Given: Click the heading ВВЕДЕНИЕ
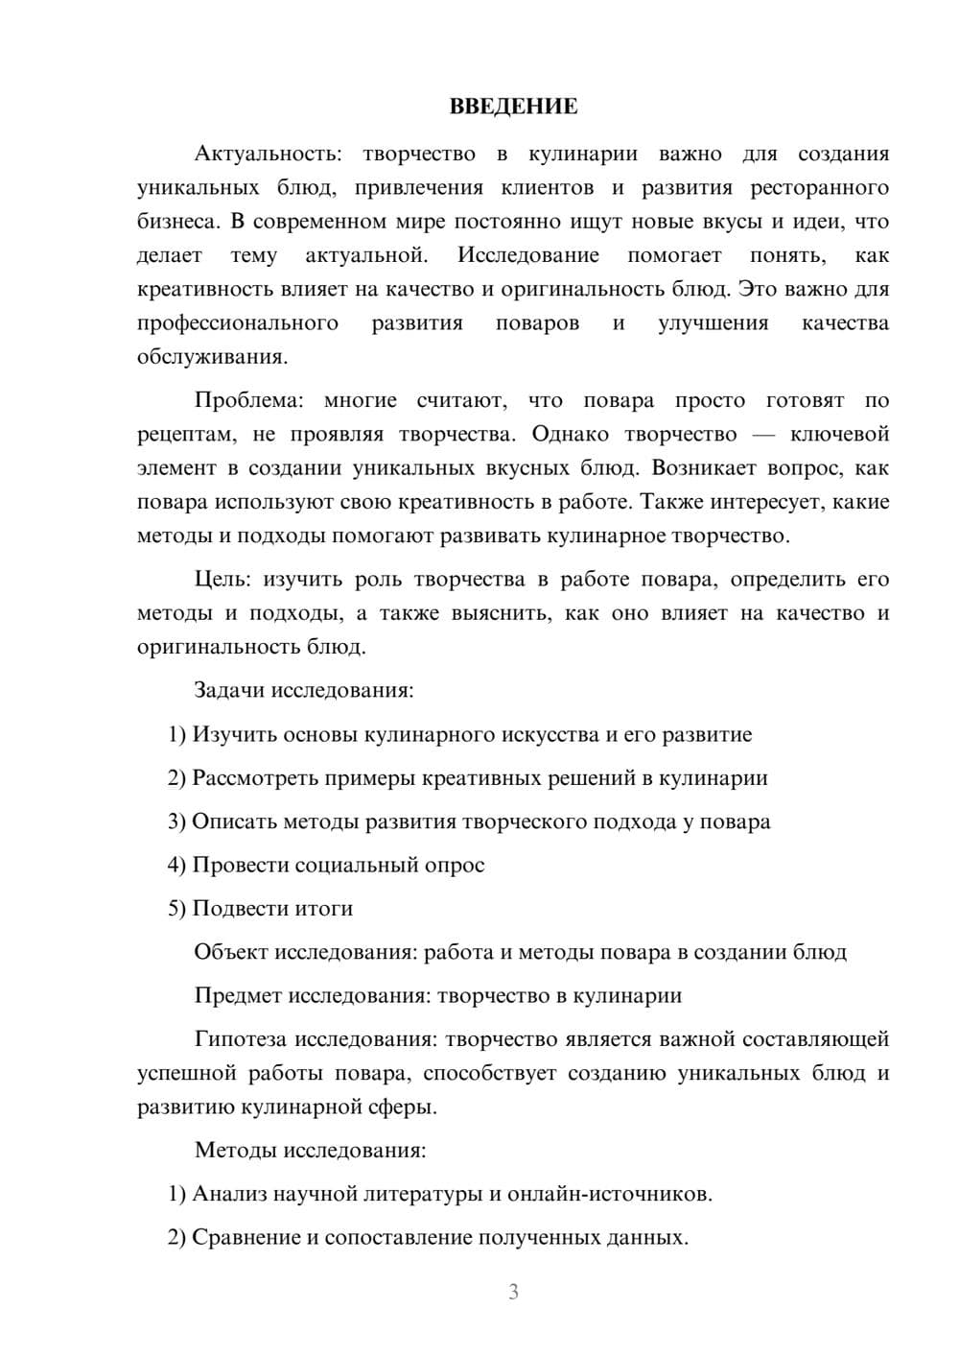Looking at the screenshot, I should coord(513,107).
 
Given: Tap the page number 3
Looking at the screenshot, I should coord(513,1292).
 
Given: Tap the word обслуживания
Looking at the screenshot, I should coord(211,357).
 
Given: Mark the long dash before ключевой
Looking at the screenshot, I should coord(763,435).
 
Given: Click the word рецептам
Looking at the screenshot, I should coord(186,435).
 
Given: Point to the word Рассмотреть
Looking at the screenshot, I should coord(252,777).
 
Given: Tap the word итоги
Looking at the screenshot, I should coord(323,908).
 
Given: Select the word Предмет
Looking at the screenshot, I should coord(237,995).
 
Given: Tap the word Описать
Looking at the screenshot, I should coord(233,821).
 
